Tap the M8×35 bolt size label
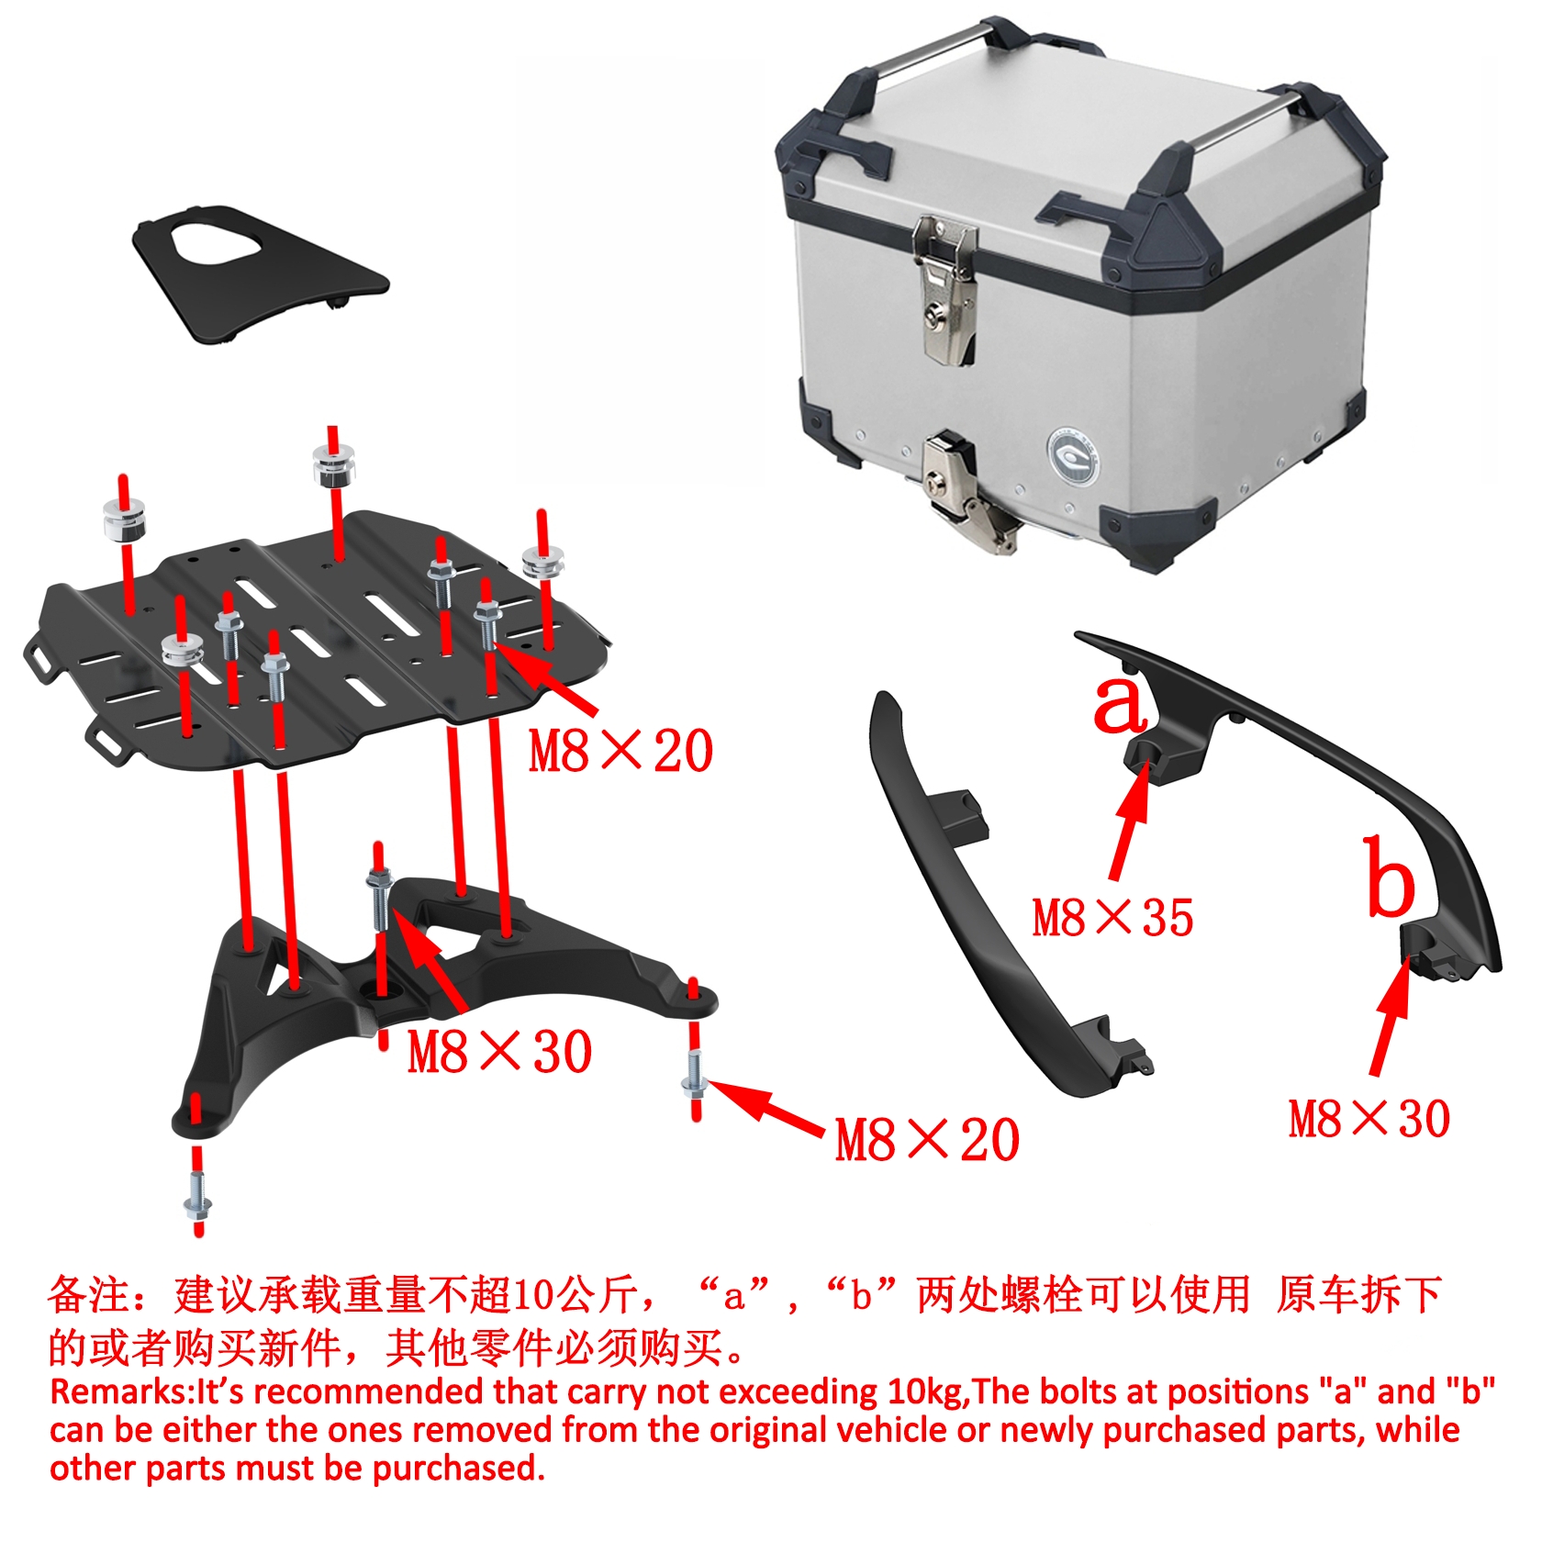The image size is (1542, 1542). (1112, 918)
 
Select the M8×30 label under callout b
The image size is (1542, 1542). (1369, 1120)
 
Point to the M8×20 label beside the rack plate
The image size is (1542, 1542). (620, 751)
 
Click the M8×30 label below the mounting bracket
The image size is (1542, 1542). (499, 1052)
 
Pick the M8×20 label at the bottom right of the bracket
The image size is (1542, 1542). (927, 1140)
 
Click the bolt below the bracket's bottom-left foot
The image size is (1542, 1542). (197, 1198)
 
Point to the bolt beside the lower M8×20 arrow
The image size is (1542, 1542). (695, 1081)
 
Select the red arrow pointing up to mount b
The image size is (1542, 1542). (1391, 1015)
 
